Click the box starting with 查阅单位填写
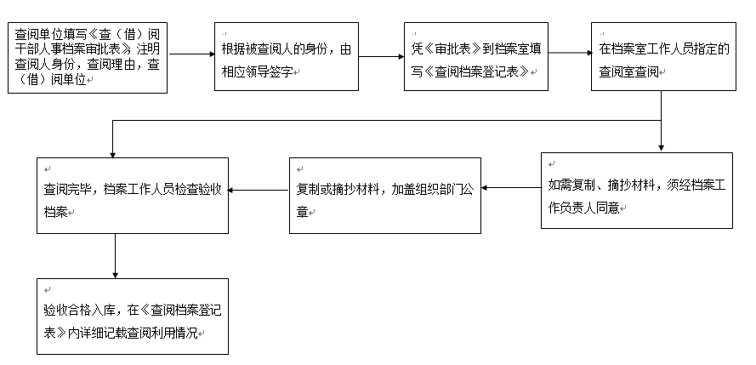tap(88, 57)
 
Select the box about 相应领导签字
tap(287, 56)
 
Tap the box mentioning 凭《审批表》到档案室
tap(476, 56)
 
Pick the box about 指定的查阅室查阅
tap(663, 56)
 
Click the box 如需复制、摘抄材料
tap(636, 191)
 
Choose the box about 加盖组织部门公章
tap(384, 196)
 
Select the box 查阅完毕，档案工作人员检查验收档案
tap(133, 196)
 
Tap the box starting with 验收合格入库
tap(133, 317)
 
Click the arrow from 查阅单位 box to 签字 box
tap(191, 54)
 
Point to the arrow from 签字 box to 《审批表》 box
tap(381, 56)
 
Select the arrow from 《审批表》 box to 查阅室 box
tap(570, 53)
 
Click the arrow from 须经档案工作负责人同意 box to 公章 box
tap(511, 188)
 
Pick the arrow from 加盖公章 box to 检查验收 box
tap(259, 190)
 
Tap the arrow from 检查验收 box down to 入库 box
tap(116, 256)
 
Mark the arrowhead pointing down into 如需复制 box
tap(661, 149)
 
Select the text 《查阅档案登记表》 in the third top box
tap(476, 71)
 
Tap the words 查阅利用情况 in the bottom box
tap(162, 334)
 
